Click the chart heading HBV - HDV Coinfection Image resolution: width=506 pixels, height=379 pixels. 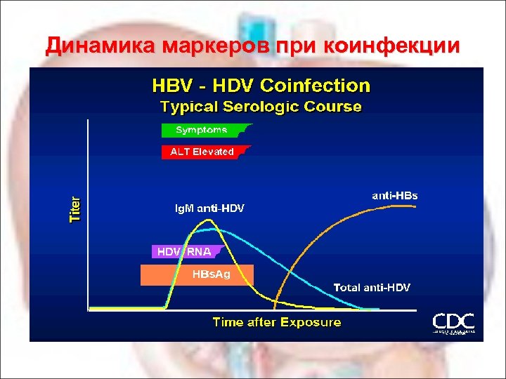pos(261,86)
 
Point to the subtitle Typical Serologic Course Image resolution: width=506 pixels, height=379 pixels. pos(261,107)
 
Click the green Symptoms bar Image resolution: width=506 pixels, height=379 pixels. pos(203,130)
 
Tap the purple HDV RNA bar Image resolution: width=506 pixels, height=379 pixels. pos(185,251)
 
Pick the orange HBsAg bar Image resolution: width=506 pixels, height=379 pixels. pos(196,274)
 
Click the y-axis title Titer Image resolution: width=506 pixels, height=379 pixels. pos(75,209)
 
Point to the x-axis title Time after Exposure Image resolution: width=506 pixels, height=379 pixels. pos(276,322)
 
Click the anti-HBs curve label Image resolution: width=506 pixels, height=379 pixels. pos(394,196)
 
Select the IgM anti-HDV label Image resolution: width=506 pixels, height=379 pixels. pos(209,208)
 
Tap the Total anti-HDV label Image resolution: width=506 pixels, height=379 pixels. pos(371,287)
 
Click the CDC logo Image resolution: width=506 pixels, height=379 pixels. pos(453,323)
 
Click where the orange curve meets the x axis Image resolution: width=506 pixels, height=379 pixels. pos(275,307)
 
